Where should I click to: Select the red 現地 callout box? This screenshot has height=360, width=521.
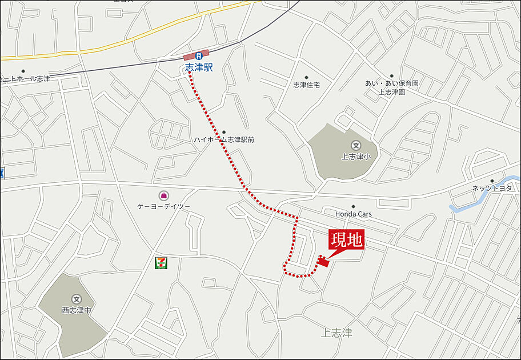(346, 241)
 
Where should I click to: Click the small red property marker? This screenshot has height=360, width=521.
(323, 262)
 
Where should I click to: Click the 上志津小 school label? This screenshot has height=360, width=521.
(356, 155)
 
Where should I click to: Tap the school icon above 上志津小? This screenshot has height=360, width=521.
(356, 145)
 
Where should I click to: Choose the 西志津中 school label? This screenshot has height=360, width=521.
(76, 310)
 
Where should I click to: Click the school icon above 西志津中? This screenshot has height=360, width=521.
(76, 299)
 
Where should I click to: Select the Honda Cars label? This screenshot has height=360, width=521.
(353, 214)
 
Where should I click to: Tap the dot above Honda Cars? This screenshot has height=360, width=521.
(353, 206)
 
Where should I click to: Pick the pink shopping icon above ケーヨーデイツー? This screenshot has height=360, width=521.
(164, 195)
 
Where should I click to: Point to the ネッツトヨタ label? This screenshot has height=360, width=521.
(492, 189)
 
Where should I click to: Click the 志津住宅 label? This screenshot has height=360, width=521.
(306, 85)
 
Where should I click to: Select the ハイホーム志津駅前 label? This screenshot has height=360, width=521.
(223, 139)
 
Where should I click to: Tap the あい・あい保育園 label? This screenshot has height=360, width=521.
(392, 83)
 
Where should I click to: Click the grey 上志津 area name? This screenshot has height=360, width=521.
(336, 333)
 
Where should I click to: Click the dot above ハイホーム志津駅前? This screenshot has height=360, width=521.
(223, 132)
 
